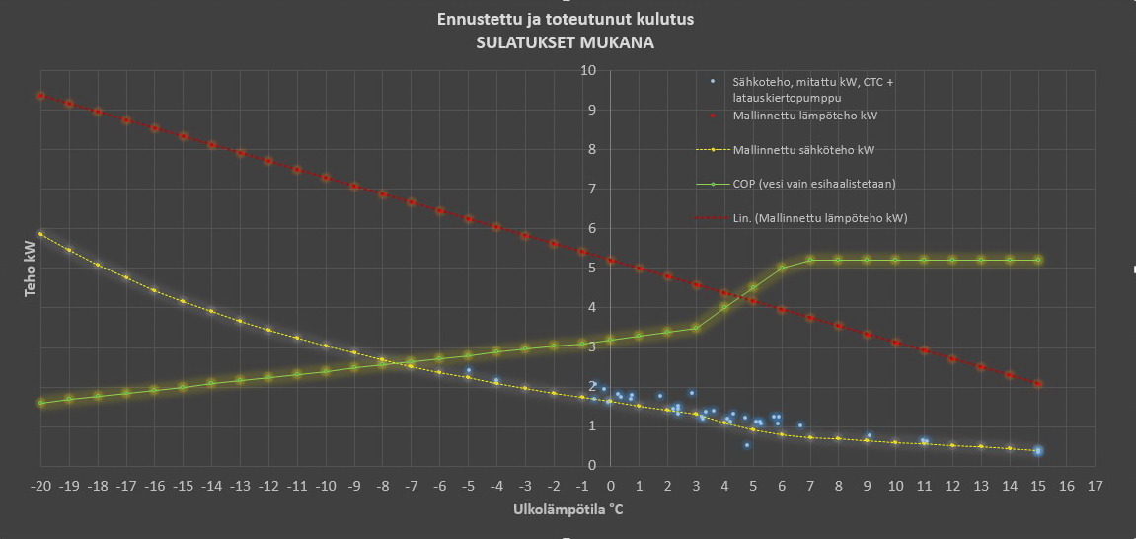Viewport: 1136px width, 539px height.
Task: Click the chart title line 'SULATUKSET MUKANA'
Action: click(x=565, y=43)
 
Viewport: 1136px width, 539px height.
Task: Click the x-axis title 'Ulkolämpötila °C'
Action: click(x=568, y=510)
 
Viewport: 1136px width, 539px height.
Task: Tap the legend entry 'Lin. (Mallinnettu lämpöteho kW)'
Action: click(x=819, y=217)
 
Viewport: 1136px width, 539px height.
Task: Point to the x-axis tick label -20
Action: click(x=40, y=486)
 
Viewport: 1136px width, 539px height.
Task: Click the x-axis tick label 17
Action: click(x=1095, y=486)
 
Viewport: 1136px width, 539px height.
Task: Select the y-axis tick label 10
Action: click(x=588, y=71)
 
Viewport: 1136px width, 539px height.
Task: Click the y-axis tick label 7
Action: click(x=591, y=189)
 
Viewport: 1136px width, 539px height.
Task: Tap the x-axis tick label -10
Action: click(x=326, y=486)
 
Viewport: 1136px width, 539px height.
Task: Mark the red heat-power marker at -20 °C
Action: click(x=40, y=96)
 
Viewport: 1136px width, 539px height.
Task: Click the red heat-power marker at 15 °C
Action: click(x=1038, y=383)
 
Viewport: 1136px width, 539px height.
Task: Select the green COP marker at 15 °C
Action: click(x=1038, y=260)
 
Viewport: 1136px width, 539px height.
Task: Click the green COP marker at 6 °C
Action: click(x=782, y=268)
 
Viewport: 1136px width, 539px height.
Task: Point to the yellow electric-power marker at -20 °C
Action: click(x=40, y=234)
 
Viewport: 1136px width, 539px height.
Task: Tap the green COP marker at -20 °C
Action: click(x=40, y=403)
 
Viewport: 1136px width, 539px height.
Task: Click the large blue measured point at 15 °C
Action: click(x=1038, y=451)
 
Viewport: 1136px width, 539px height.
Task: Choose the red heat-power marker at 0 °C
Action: click(x=611, y=261)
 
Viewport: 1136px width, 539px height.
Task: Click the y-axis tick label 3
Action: click(x=591, y=346)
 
